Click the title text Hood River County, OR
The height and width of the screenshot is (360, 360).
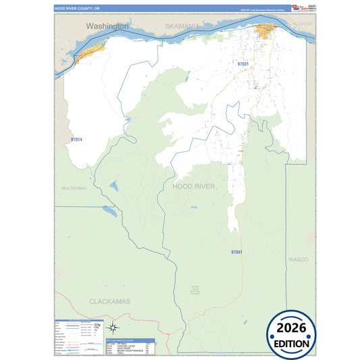(76, 9)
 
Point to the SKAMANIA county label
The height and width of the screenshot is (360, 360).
(182, 26)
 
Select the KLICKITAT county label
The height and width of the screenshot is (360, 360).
(305, 24)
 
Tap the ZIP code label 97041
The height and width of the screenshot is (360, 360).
(236, 252)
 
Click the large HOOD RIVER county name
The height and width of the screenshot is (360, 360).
(194, 186)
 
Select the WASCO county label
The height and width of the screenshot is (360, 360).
(298, 259)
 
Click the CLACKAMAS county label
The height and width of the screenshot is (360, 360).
(109, 301)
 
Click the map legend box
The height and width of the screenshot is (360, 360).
(79, 337)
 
